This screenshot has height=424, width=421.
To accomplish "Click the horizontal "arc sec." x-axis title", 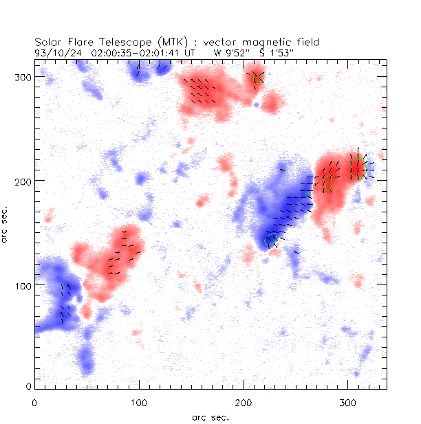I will point(210,416).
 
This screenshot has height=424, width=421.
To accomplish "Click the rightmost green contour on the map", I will point(357,167).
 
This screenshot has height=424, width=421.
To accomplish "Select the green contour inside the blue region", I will point(272,239).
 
